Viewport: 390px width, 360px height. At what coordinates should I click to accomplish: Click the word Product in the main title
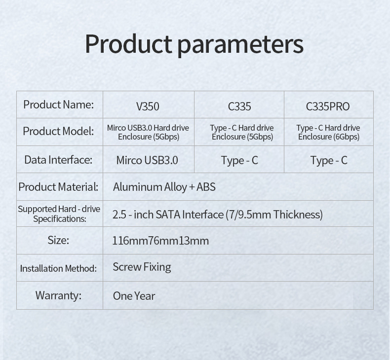pyautogui.click(x=128, y=44)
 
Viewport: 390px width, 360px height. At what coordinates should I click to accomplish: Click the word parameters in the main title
pyautogui.click(x=240, y=45)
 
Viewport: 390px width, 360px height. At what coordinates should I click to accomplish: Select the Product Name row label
pyautogui.click(x=58, y=105)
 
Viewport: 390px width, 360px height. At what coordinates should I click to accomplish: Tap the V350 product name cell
pyautogui.click(x=148, y=107)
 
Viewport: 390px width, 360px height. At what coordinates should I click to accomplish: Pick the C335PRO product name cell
pyautogui.click(x=328, y=107)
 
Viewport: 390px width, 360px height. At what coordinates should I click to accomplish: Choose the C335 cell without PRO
pyautogui.click(x=239, y=107)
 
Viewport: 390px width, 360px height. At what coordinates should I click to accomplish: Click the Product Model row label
pyautogui.click(x=58, y=131)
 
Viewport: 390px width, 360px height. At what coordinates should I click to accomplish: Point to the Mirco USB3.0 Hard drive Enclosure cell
pyautogui.click(x=148, y=132)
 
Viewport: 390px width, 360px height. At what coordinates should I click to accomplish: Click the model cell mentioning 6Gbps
pyautogui.click(x=329, y=132)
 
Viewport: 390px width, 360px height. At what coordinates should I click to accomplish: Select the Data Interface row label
pyautogui.click(x=58, y=160)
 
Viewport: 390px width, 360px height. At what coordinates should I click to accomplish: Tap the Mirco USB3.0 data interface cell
pyautogui.click(x=147, y=160)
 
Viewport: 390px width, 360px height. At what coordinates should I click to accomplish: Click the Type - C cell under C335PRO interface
pyautogui.click(x=329, y=160)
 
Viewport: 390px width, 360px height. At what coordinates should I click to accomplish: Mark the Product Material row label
pyautogui.click(x=58, y=187)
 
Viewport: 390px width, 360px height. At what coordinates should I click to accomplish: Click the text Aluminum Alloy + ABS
pyautogui.click(x=164, y=187)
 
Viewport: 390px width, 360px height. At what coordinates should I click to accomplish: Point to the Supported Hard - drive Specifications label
pyautogui.click(x=59, y=214)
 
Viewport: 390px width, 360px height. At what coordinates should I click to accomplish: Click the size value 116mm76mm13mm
pyautogui.click(x=160, y=241)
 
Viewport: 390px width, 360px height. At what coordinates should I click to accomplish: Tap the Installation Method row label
pyautogui.click(x=58, y=269)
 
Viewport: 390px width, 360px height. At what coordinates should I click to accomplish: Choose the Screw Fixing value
pyautogui.click(x=142, y=267)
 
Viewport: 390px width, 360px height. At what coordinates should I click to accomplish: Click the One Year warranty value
pyautogui.click(x=134, y=296)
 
